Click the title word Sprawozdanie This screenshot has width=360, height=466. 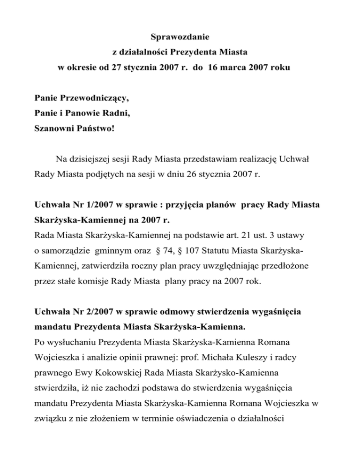click(180, 36)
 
